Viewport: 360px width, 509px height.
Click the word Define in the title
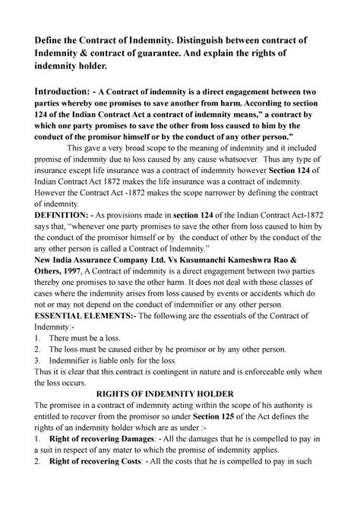(x=48, y=38)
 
